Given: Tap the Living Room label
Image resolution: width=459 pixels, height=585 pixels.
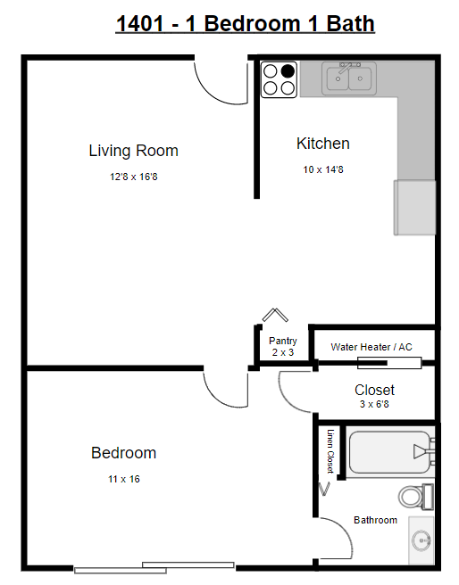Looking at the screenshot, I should (133, 151).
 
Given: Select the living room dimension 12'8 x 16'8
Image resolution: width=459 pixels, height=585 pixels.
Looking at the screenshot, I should (133, 177).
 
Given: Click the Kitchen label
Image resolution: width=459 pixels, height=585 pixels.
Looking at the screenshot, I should (322, 144).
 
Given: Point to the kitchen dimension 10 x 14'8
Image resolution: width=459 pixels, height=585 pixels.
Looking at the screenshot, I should (322, 169).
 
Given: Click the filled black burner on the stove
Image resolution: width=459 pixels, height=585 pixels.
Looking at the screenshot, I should (287, 71).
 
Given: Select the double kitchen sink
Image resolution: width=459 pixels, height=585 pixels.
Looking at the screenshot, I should (348, 78).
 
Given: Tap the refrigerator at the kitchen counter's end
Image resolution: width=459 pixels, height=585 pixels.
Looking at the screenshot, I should (415, 208).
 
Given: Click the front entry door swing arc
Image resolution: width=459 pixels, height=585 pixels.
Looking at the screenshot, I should (217, 85).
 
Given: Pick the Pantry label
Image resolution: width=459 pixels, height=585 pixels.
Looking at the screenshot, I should (282, 341).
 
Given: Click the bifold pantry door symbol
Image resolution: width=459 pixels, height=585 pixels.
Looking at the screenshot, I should (275, 316).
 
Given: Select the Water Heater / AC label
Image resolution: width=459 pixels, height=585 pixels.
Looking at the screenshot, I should (371, 347).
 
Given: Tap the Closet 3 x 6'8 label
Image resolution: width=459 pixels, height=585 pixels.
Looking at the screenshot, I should (374, 395).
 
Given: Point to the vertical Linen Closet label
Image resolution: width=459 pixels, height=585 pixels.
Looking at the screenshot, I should (330, 451).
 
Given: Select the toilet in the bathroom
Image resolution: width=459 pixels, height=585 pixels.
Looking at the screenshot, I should (414, 495).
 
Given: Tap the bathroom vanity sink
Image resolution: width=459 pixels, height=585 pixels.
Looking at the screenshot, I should (421, 540).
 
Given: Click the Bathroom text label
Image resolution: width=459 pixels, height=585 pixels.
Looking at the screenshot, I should (375, 520).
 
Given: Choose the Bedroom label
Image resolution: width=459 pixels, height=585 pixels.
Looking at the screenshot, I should (123, 453).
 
